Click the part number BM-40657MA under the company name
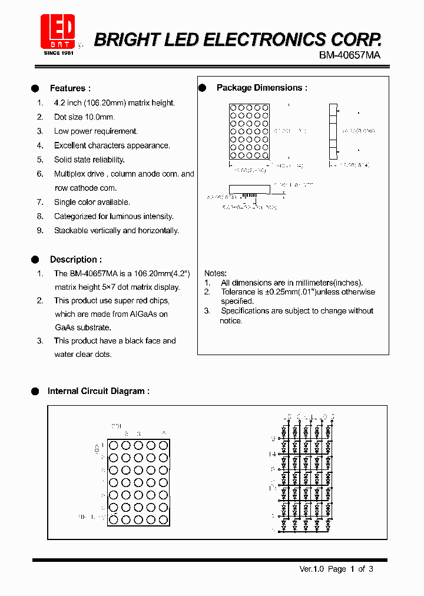tap(350, 55)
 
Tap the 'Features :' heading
tap(70, 88)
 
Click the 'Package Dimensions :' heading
tap(262, 88)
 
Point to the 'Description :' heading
tap(75, 259)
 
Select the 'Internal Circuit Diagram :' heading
tap(98, 390)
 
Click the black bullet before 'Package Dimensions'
tap(202, 88)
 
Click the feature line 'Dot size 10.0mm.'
tap(84, 117)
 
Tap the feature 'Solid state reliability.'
tap(89, 160)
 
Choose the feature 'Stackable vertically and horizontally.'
tap(116, 230)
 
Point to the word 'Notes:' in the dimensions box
tap(216, 273)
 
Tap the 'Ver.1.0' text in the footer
tap(312, 569)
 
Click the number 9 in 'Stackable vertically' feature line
tap(40, 230)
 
